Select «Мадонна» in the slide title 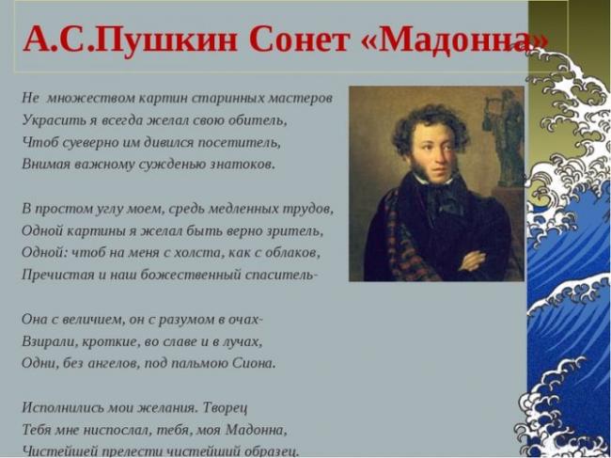(455, 39)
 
